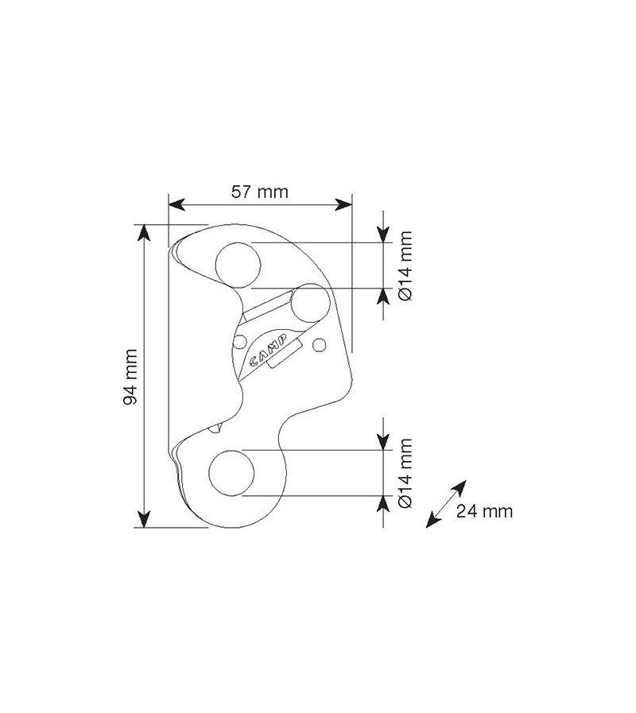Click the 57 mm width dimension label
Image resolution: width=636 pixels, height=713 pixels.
coord(259,191)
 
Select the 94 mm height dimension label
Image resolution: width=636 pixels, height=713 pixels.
coord(132,374)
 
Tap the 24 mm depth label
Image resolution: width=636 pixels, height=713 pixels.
coord(484,511)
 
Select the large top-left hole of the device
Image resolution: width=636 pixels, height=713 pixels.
coord(238,263)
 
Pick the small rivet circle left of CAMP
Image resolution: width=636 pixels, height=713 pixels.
coord(239,343)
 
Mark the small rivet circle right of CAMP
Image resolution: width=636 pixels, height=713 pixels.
coord(320,344)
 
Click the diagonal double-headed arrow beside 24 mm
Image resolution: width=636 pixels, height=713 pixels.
coord(445,503)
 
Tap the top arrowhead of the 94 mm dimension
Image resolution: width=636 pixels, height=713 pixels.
coord(144,232)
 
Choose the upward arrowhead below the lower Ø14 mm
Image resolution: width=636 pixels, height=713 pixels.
coord(384,506)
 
